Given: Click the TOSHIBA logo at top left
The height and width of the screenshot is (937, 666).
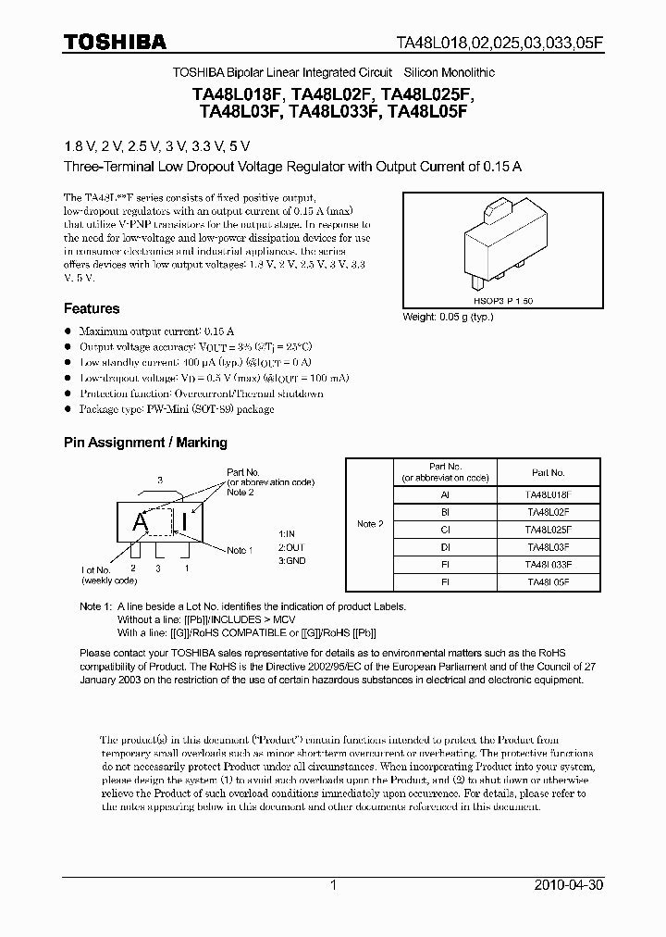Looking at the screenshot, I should (x=115, y=42).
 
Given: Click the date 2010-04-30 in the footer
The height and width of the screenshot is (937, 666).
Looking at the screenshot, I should (x=568, y=885).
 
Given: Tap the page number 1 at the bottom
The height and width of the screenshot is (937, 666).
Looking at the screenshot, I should (x=333, y=885).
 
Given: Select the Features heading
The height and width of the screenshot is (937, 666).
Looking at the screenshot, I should (x=92, y=308).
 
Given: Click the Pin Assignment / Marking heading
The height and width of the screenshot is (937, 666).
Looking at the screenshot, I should (x=145, y=443).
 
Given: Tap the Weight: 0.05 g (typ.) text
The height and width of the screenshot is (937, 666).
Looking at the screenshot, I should (x=449, y=317).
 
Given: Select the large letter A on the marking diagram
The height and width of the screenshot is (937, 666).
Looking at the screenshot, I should (x=141, y=522).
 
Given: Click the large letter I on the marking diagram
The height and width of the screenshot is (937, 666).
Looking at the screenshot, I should (x=185, y=522).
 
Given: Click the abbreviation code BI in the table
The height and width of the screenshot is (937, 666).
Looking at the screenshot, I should (x=445, y=512).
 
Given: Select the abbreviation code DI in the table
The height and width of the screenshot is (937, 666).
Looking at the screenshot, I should (x=445, y=546).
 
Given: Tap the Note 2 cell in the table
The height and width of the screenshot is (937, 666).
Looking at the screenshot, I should (x=369, y=524).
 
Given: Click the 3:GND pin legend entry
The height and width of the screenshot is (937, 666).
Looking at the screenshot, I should (x=291, y=561).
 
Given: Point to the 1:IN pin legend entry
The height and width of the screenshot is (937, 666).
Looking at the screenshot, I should (x=288, y=534).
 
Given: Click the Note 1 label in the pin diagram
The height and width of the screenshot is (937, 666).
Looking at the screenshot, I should (x=239, y=550).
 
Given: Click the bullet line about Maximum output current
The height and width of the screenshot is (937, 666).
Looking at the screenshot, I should (x=155, y=331).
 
